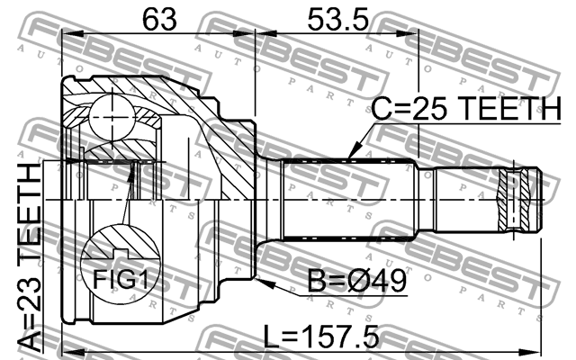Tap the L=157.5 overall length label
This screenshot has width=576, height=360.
click(321, 337)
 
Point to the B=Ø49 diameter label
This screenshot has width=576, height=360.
click(356, 281)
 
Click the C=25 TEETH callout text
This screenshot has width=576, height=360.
click(466, 108)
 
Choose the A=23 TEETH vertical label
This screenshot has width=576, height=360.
click(30, 256)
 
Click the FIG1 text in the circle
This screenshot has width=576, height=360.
click(120, 279)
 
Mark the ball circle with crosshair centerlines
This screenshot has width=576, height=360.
click(112, 117)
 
